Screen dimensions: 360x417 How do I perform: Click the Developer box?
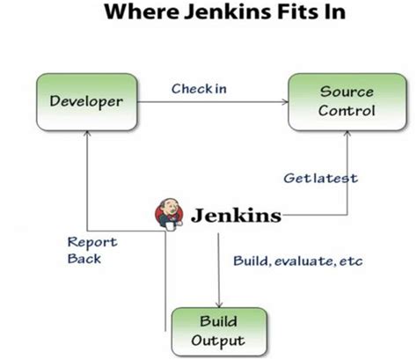click(x=86, y=102)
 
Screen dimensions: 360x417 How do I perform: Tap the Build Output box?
click(x=219, y=330)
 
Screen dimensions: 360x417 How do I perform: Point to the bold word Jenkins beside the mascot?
click(x=236, y=215)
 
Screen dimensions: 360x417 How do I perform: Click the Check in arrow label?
click(x=200, y=88)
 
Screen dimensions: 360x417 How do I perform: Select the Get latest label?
click(x=320, y=178)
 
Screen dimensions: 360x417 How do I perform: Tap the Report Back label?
click(x=91, y=250)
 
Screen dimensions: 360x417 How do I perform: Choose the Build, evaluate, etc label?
click(x=297, y=261)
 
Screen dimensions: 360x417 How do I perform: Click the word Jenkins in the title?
click(x=225, y=14)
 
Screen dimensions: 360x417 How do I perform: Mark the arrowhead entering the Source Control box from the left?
click(x=284, y=102)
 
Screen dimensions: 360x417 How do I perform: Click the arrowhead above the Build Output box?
click(x=218, y=302)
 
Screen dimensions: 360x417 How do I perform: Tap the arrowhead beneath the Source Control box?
click(x=345, y=135)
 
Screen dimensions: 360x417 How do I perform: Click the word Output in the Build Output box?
click(x=219, y=340)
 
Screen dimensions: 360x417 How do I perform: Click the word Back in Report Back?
click(x=84, y=259)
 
